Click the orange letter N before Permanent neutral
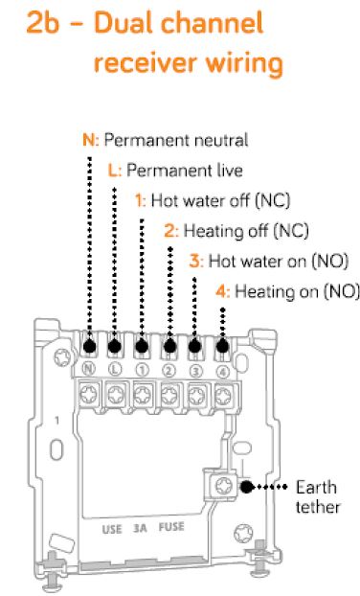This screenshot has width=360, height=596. click(89, 140)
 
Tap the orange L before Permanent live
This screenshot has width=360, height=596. click(113, 171)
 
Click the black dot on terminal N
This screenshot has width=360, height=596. click(90, 346)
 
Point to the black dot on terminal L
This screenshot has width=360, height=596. click(114, 346)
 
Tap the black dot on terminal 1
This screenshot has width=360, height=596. click(142, 346)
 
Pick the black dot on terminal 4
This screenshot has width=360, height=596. click(222, 346)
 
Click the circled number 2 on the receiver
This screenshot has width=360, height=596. click(169, 371)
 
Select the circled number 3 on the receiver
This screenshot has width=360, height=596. click(195, 371)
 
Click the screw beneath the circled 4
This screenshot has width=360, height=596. click(223, 397)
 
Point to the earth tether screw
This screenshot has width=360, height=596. click(223, 486)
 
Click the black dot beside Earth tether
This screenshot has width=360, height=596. click(247, 487)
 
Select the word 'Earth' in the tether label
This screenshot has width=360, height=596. click(316, 488)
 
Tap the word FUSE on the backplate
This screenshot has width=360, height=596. click(171, 527)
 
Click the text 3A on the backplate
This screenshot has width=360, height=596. click(140, 528)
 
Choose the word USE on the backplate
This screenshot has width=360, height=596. click(112, 530)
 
